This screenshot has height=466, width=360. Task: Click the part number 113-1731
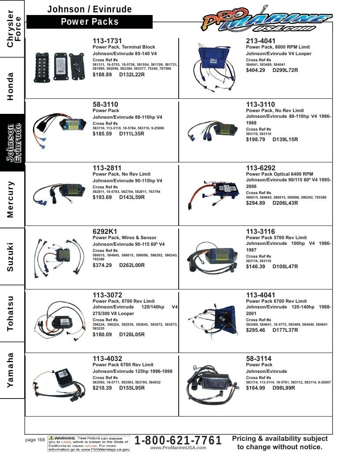click(x=107, y=41)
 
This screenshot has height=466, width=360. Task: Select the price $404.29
click(x=255, y=70)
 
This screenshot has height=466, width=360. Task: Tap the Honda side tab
click(x=12, y=86)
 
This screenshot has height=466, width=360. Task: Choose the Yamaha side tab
click(x=12, y=370)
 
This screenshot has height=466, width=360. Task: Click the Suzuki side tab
click(x=12, y=256)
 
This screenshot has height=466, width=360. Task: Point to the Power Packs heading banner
click(x=90, y=22)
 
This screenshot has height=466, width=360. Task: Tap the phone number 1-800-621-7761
click(x=178, y=440)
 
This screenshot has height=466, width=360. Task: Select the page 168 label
click(x=35, y=440)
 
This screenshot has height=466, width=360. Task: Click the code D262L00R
click(x=132, y=265)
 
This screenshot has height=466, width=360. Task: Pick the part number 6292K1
click(x=105, y=232)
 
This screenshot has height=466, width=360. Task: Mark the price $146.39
click(x=255, y=267)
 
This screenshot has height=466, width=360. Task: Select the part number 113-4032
click(x=107, y=359)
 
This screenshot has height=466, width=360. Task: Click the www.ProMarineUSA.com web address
click(x=178, y=448)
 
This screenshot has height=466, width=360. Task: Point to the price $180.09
click(x=102, y=334)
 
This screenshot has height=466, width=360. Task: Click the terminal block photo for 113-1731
click(x=60, y=67)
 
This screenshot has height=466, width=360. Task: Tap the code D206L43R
click(x=285, y=203)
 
